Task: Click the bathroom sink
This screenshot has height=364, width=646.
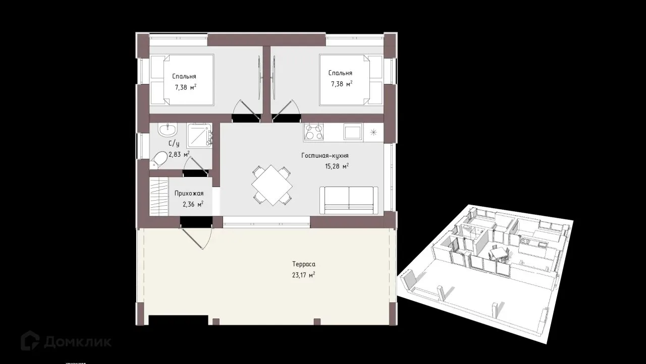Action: (168, 130)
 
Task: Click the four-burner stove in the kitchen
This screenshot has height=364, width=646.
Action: (313, 132)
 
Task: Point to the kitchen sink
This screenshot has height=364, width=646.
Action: (353, 132)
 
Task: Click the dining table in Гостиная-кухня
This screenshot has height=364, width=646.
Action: (272, 185)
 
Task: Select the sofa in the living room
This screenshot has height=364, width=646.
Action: (349, 200)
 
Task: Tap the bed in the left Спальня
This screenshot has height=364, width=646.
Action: (182, 80)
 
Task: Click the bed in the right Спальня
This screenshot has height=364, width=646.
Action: (351, 80)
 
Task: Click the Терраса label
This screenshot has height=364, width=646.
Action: (304, 264)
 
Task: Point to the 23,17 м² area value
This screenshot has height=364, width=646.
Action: (303, 275)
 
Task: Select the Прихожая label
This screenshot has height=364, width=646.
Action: (189, 194)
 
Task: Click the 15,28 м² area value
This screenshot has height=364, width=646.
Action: (337, 166)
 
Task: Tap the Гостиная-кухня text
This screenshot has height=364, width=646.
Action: (325, 156)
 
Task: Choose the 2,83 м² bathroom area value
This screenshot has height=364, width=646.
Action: (179, 154)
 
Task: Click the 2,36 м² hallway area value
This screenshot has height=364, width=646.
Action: (193, 205)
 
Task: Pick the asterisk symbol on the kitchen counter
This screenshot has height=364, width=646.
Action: (373, 132)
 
